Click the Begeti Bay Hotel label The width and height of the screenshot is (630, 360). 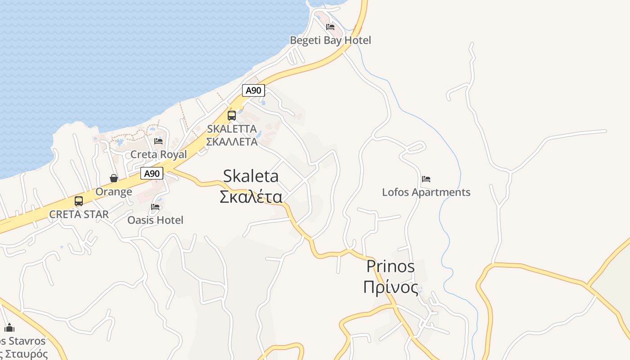click(330, 40)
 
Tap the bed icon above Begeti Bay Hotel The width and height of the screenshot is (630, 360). click(330, 27)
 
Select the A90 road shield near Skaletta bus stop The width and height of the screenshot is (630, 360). click(253, 90)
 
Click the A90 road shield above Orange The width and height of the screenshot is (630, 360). click(152, 173)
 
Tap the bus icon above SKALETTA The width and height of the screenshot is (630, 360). click(232, 116)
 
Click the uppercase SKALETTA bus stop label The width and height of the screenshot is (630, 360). click(232, 129)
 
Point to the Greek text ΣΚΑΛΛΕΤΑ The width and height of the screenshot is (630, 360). click(232, 142)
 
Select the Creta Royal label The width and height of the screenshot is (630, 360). click(158, 154)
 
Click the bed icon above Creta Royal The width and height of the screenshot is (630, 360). click(158, 141)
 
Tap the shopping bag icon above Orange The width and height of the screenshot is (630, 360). click(114, 179)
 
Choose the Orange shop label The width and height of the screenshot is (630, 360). click(114, 192)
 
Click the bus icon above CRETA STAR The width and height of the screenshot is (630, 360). click(79, 201)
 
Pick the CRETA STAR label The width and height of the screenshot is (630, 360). click(79, 214)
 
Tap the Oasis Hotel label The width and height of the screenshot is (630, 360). click(155, 220)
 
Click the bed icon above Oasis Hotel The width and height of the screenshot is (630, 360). click(155, 207)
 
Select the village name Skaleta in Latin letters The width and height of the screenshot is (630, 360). click(251, 176)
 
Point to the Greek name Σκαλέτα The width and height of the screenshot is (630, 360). click(251, 197)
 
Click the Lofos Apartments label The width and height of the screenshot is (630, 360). click(426, 192)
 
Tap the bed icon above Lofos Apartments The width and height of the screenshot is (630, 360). click(426, 179)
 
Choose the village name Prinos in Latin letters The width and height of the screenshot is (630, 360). click(390, 266)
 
